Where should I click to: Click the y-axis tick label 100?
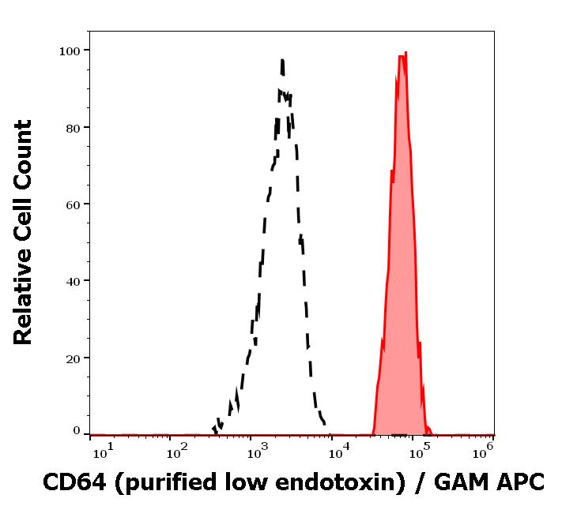[x=70, y=51]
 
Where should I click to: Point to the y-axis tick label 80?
[x=74, y=127]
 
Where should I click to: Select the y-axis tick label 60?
[x=74, y=204]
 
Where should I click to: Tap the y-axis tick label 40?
[x=74, y=280]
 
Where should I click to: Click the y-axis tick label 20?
[x=74, y=358]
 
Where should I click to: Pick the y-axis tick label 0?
[x=77, y=431]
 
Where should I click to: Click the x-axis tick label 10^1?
[x=103, y=451]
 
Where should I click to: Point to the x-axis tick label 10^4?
[x=339, y=451]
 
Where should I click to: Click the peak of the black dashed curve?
[x=282, y=60]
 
